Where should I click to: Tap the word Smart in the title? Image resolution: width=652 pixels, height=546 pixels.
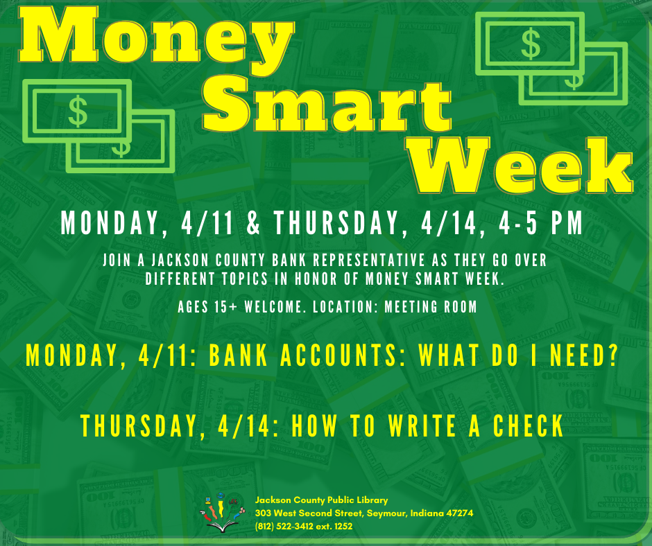tap(327, 105)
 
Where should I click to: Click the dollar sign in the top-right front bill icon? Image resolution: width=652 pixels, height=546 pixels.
tap(531, 44)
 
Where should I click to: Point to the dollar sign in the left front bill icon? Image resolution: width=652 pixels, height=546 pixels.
tap(78, 111)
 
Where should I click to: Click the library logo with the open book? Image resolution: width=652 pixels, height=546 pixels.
tap(222, 513)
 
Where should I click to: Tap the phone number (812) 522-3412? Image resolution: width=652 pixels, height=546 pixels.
tap(284, 526)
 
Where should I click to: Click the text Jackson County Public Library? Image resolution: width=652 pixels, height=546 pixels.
tap(321, 500)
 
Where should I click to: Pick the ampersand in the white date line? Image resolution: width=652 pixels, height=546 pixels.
tap(252, 222)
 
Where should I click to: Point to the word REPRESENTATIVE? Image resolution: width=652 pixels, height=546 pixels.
tap(369, 260)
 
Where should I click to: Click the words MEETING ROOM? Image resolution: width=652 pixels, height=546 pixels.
tap(430, 307)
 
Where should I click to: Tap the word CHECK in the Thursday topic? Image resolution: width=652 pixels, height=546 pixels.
tap(528, 425)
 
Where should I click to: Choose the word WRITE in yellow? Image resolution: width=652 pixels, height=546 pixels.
tap(422, 425)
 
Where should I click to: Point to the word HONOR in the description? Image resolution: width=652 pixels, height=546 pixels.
tap(316, 279)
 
